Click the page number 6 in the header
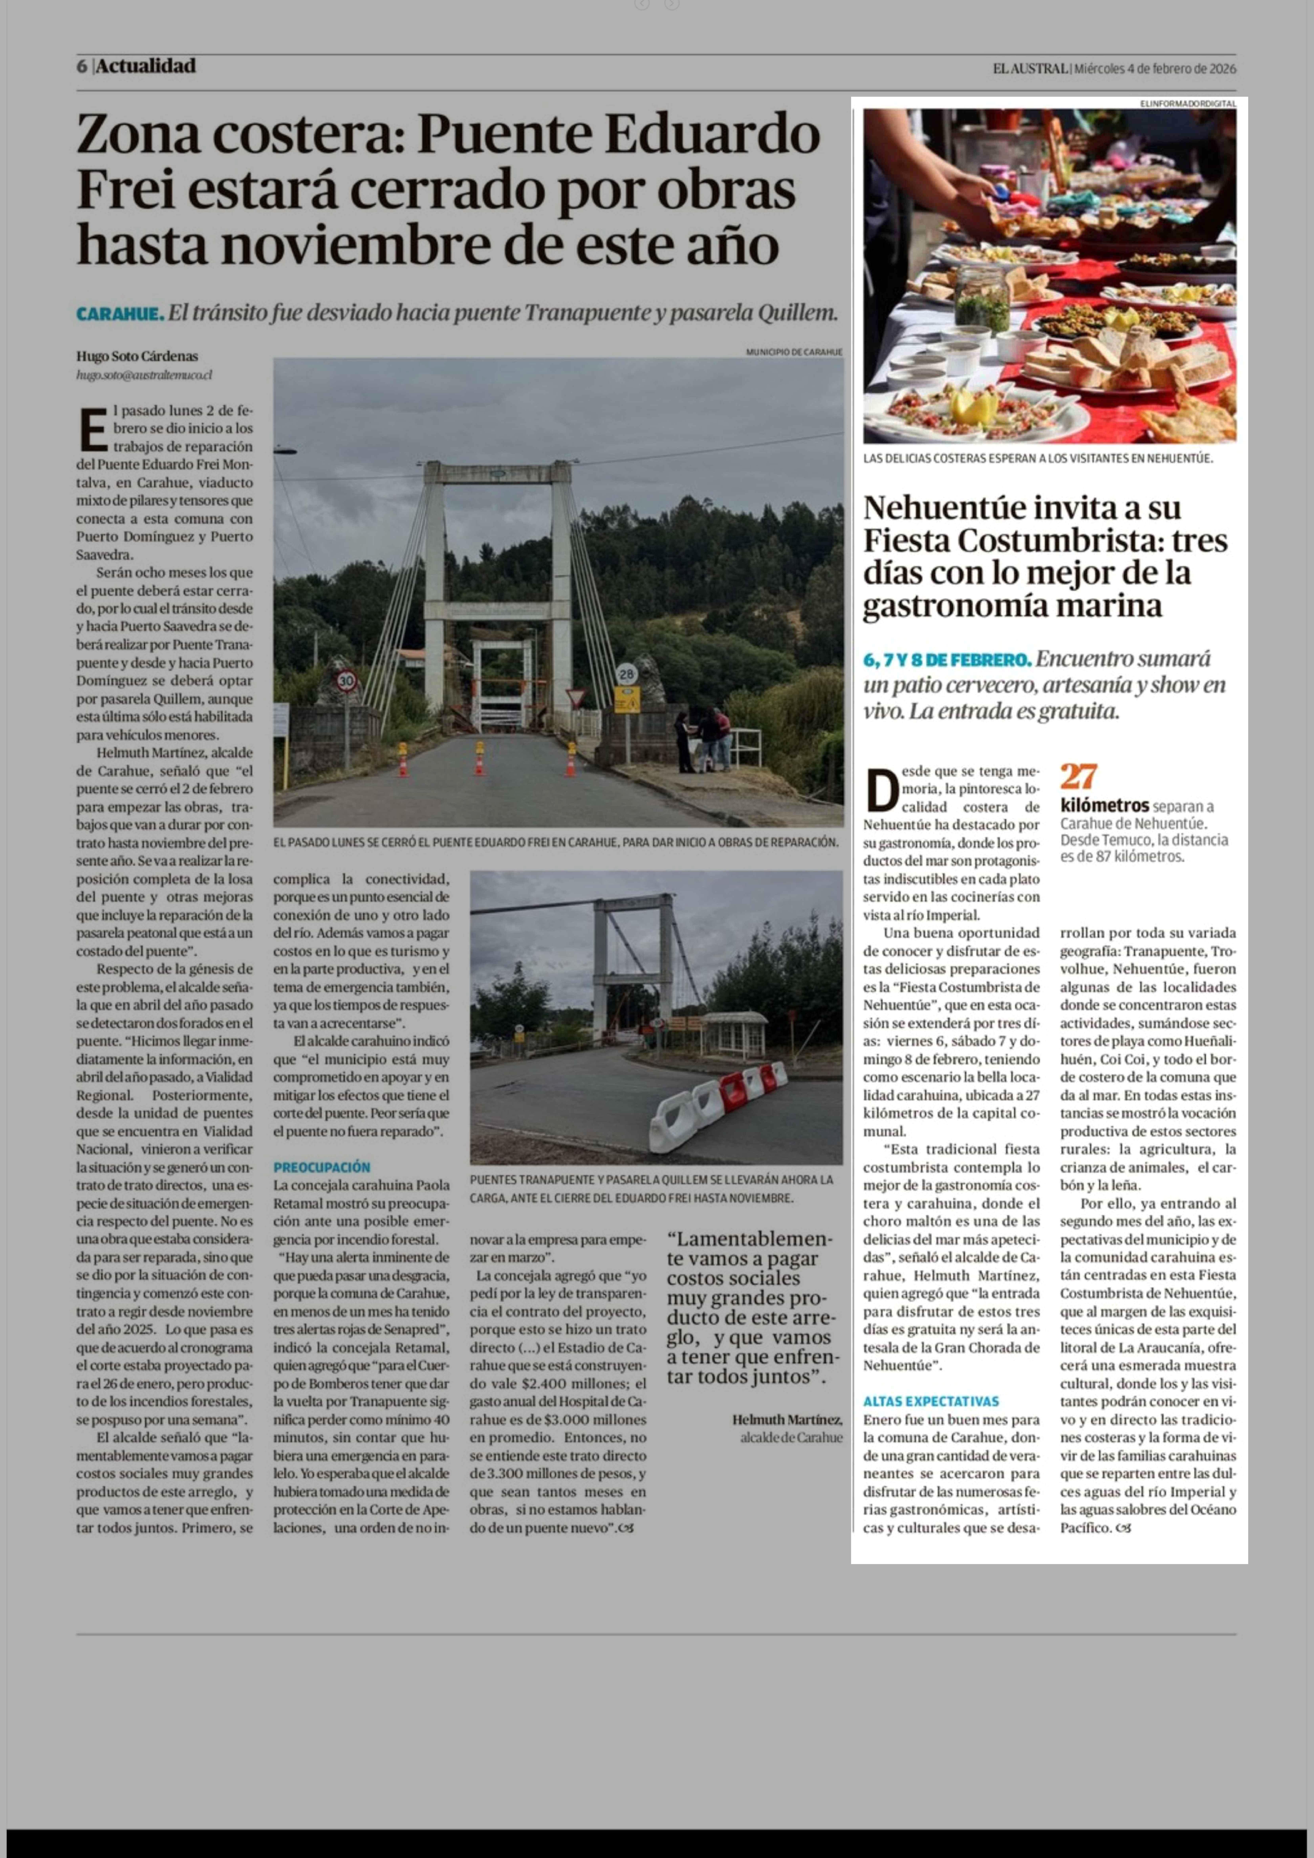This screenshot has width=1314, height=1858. point(82,66)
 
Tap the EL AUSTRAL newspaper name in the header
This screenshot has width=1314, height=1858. point(1030,69)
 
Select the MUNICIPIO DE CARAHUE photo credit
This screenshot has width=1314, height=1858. point(794,352)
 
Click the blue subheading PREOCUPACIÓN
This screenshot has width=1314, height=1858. point(321,1167)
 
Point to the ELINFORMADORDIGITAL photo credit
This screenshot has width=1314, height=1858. point(1187,104)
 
